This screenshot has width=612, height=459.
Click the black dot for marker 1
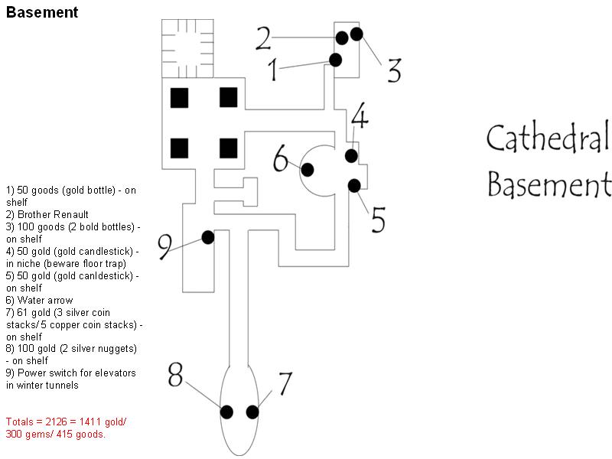click(335, 59)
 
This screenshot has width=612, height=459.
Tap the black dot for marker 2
click(341, 37)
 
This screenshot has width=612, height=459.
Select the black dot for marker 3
click(356, 34)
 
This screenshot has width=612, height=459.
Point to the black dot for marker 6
click(307, 169)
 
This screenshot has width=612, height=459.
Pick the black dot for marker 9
click(207, 237)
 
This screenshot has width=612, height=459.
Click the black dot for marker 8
click(226, 412)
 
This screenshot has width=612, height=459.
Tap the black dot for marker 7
click(252, 412)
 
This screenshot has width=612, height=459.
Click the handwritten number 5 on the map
click(379, 218)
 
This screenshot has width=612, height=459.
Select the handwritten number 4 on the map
click(360, 119)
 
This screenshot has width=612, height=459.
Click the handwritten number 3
click(393, 70)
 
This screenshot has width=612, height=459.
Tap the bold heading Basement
click(41, 12)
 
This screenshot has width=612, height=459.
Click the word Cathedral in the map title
click(548, 139)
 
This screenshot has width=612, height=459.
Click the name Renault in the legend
click(70, 214)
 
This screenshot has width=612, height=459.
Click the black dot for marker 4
click(351, 155)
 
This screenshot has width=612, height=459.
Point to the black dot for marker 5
click(354, 185)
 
